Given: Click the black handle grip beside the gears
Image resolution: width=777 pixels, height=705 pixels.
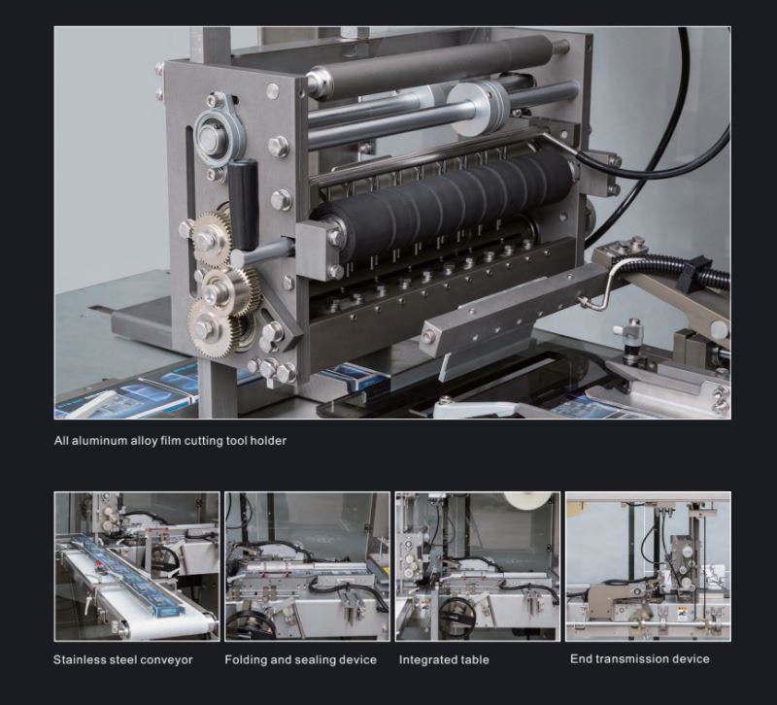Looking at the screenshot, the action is tap(244, 204).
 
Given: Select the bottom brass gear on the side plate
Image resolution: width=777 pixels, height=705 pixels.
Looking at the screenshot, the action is tap(210, 327).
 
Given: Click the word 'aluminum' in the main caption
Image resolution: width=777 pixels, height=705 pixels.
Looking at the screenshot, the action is tap(99, 441).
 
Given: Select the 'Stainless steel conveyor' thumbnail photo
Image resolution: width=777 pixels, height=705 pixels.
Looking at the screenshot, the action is tap(137, 566).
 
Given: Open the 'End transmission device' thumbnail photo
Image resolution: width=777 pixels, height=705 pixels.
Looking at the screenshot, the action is tap(648, 566).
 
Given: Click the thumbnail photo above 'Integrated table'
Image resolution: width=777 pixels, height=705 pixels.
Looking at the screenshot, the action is tap(478, 566).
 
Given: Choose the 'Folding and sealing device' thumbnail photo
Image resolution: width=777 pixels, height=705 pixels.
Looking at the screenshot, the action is tap(307, 566).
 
